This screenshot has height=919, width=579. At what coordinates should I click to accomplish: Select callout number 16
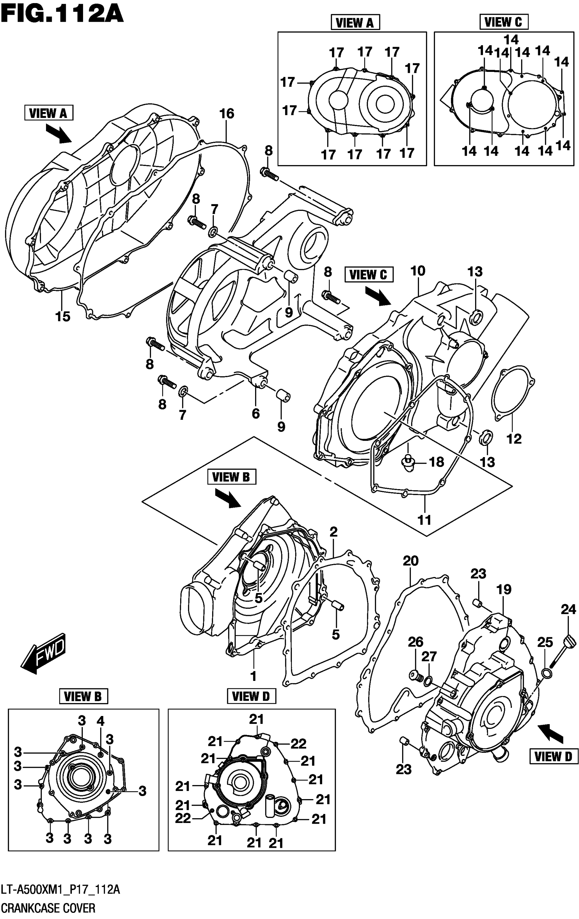pyautogui.click(x=227, y=114)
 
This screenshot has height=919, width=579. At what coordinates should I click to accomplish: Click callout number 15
pyautogui.click(x=63, y=316)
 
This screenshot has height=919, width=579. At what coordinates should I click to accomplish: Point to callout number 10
pyautogui.click(x=418, y=271)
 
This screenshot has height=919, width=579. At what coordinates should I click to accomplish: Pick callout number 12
pyautogui.click(x=514, y=438)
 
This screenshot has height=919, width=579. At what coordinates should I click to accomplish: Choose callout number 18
pyautogui.click(x=437, y=462)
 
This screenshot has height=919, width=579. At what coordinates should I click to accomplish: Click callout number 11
pyautogui.click(x=424, y=520)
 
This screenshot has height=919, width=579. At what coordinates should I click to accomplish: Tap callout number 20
pyautogui.click(x=411, y=561)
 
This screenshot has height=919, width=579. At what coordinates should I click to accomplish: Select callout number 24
pyautogui.click(x=568, y=609)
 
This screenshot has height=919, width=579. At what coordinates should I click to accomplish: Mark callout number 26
pyautogui.click(x=416, y=642)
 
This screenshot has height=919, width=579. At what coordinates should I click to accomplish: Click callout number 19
pyautogui.click(x=504, y=589)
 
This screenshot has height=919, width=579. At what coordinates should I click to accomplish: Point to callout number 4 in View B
pyautogui.click(x=100, y=721)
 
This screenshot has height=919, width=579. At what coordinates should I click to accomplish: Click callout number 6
pyautogui.click(x=256, y=413)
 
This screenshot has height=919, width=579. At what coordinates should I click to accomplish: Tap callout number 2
pyautogui.click(x=333, y=532)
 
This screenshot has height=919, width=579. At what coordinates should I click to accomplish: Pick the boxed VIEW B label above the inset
pyautogui.click(x=83, y=697)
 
